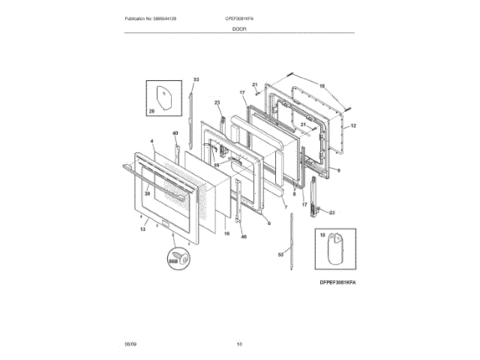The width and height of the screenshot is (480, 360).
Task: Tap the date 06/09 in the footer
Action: tap(130, 344)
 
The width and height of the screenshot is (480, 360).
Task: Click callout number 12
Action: tap(354, 125)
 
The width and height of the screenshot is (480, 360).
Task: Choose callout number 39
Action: tap(147, 194)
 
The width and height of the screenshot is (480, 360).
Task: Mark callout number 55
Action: tap(216, 164)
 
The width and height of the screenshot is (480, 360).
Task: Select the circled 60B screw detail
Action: tap(175, 257)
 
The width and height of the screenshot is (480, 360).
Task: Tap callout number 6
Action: tap(268, 223)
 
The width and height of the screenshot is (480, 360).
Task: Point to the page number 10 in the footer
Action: tap(239, 344)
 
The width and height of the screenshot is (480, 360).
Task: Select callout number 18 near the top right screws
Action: tap(322, 86)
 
